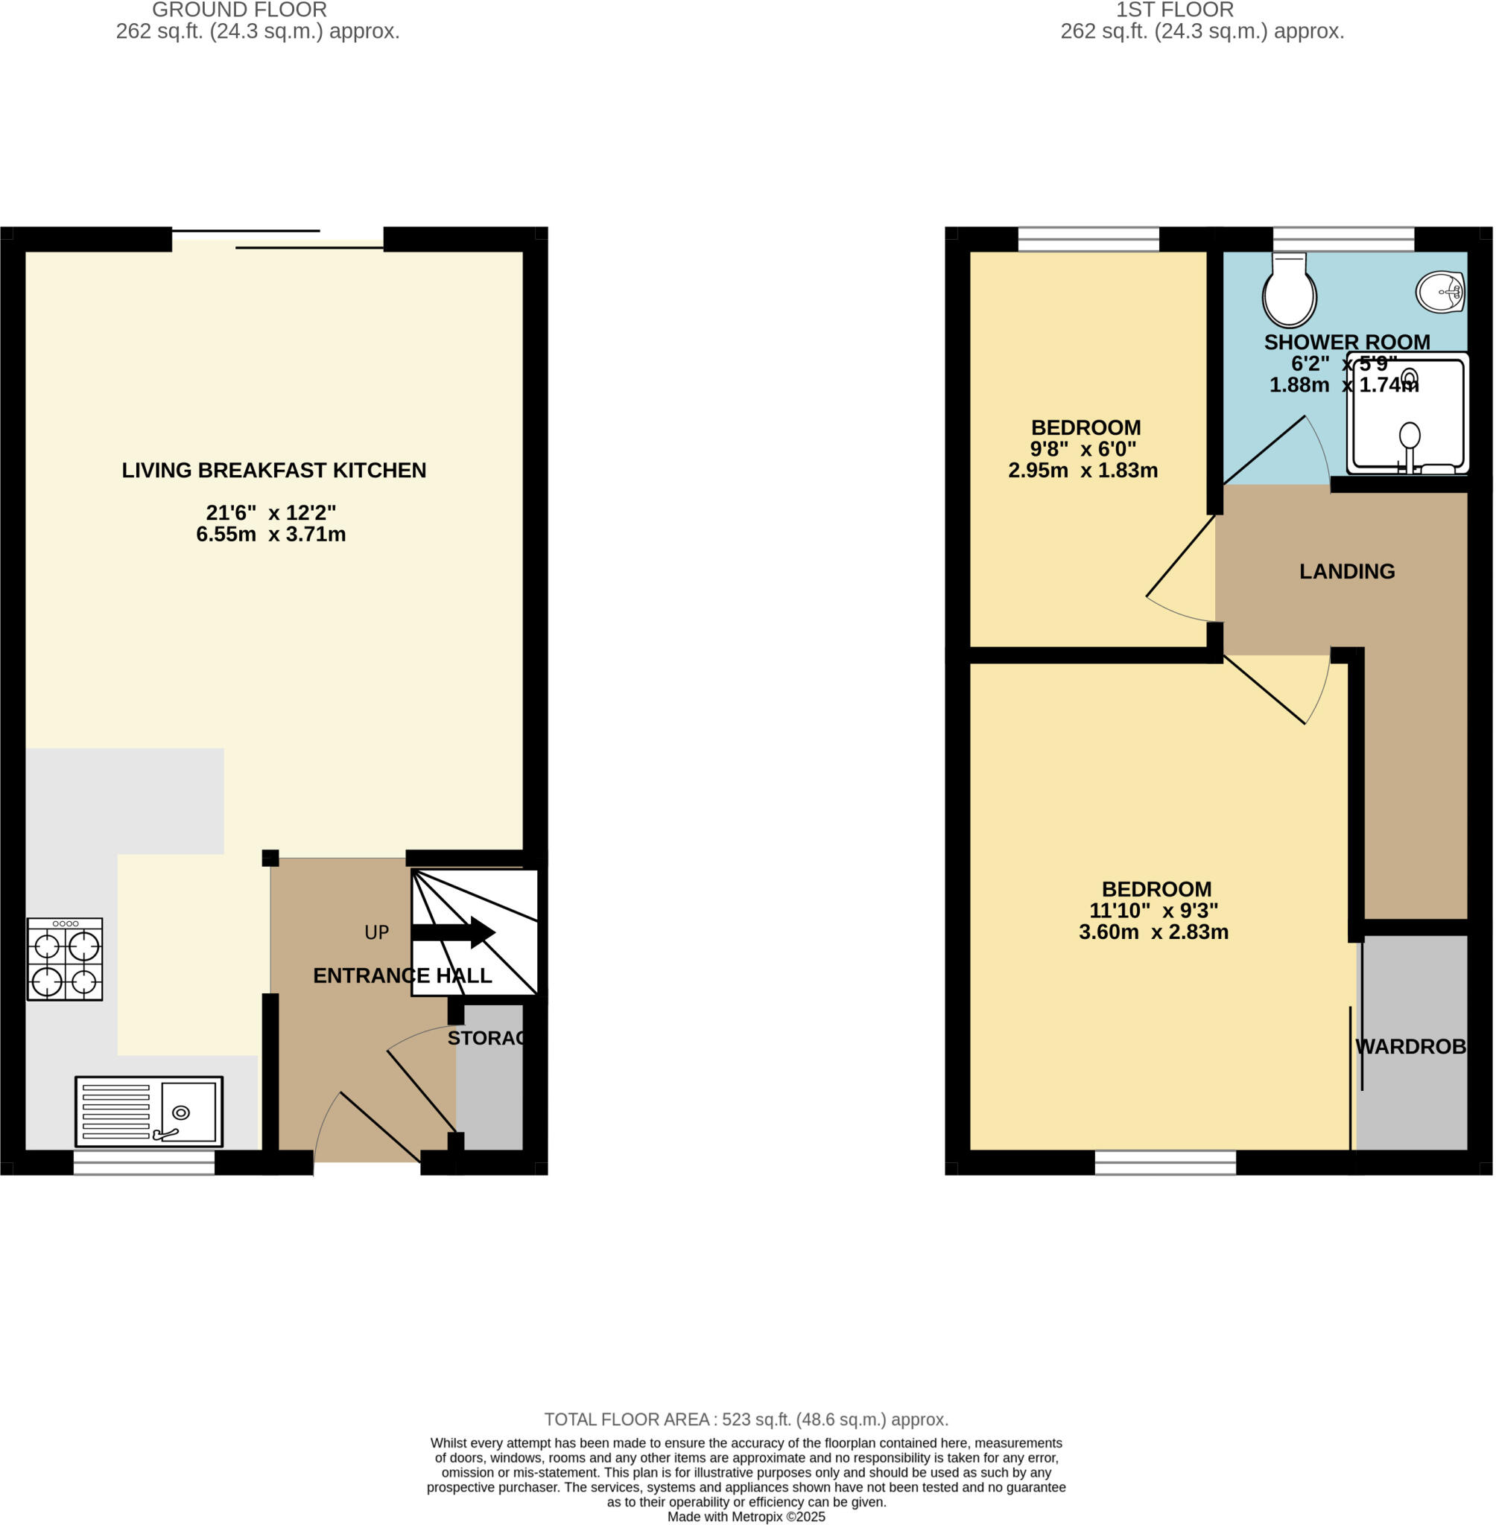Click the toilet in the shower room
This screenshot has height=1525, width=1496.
[x=1289, y=290]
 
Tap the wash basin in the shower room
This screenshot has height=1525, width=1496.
[x=1440, y=292]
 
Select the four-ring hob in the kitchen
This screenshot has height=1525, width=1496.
[x=64, y=959]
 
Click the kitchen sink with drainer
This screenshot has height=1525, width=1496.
[x=148, y=1111]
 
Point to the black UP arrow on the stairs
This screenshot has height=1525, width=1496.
[x=452, y=932]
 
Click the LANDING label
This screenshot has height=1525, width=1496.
[x=1347, y=571]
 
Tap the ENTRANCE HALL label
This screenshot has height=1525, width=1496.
[x=402, y=975]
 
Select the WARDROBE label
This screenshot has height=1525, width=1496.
[x=1410, y=1046]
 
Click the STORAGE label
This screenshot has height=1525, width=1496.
[x=486, y=1038]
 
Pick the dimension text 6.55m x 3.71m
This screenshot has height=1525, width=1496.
[x=271, y=534]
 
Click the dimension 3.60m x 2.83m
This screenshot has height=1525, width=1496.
[x=1153, y=932]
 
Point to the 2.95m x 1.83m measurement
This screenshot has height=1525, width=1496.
[x=1083, y=471]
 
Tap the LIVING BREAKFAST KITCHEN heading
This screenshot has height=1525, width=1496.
[x=273, y=471]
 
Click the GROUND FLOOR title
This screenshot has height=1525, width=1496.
[x=239, y=10]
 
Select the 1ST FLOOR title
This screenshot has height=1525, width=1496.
[x=1175, y=10]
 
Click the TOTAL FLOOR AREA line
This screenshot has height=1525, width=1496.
[x=747, y=1420]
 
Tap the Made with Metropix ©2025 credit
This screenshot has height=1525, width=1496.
[x=747, y=1517]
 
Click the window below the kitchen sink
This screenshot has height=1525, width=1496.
[x=144, y=1162]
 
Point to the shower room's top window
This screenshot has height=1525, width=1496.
[x=1343, y=238]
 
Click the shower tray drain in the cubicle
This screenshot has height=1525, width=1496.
[x=1410, y=379]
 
